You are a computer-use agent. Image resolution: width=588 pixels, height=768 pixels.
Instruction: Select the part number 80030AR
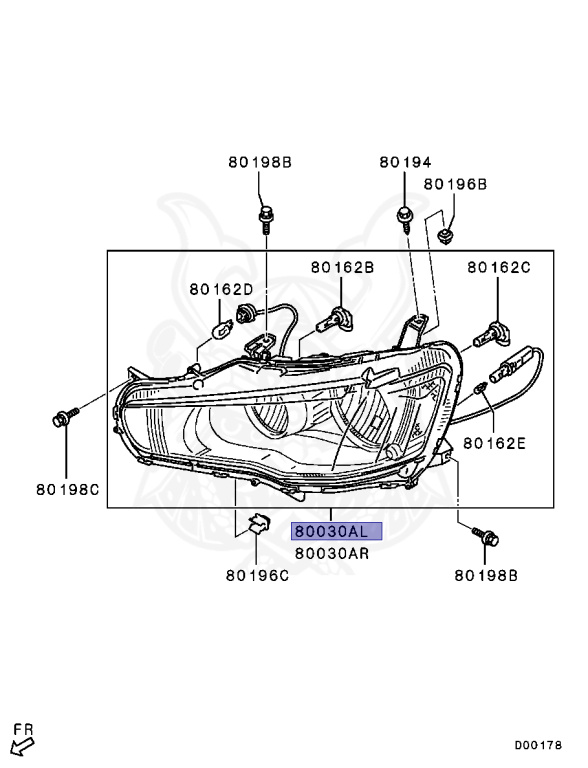coord(332,553)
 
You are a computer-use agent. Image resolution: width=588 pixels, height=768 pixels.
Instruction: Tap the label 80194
coord(406,162)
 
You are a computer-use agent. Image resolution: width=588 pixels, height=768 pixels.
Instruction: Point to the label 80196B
coord(455,184)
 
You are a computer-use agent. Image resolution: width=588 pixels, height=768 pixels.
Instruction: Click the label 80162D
coord(221,289)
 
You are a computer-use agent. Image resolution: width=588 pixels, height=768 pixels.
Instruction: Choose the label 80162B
coord(343,267)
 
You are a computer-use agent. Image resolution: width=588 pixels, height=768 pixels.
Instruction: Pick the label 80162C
coord(499,267)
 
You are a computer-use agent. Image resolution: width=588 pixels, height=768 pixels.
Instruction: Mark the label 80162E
coord(494,443)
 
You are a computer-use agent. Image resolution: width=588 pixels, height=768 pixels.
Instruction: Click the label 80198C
coord(68,489)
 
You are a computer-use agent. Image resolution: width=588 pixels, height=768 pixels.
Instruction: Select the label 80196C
coord(257,576)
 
